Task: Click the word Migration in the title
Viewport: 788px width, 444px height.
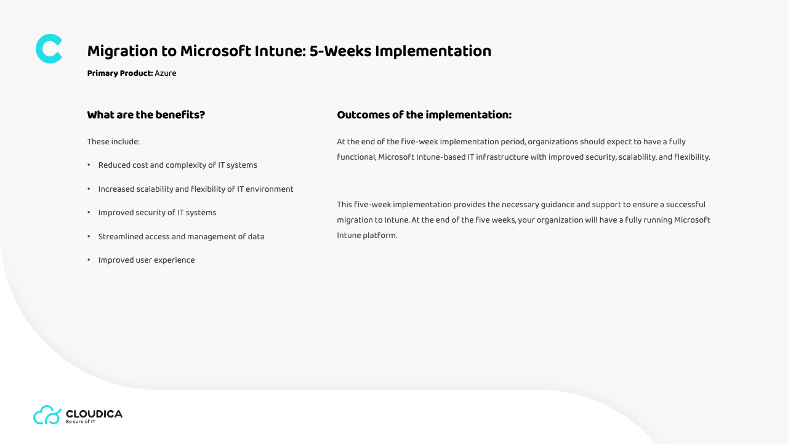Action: [123, 51]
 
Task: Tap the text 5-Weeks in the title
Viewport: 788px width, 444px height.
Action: [340, 51]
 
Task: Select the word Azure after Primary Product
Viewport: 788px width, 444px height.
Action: [166, 73]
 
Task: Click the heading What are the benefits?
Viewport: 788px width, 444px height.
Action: [146, 115]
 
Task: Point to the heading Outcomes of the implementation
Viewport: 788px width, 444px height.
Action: [424, 115]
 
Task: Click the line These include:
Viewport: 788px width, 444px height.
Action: [113, 142]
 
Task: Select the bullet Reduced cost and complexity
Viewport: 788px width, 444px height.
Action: [178, 165]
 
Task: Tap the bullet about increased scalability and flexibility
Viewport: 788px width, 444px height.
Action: [196, 189]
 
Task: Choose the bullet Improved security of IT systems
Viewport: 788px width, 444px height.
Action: [157, 213]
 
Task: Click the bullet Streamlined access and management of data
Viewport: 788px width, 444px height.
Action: [181, 236]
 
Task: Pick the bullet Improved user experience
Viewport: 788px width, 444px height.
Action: [147, 260]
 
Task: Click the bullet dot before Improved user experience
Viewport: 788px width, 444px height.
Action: [89, 260]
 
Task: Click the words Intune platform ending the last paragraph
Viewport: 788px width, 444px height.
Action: [367, 236]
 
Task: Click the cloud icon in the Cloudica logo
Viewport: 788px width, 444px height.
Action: [47, 415]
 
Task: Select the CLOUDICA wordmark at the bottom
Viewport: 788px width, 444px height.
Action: [94, 414]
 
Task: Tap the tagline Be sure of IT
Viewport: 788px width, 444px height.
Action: [80, 422]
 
